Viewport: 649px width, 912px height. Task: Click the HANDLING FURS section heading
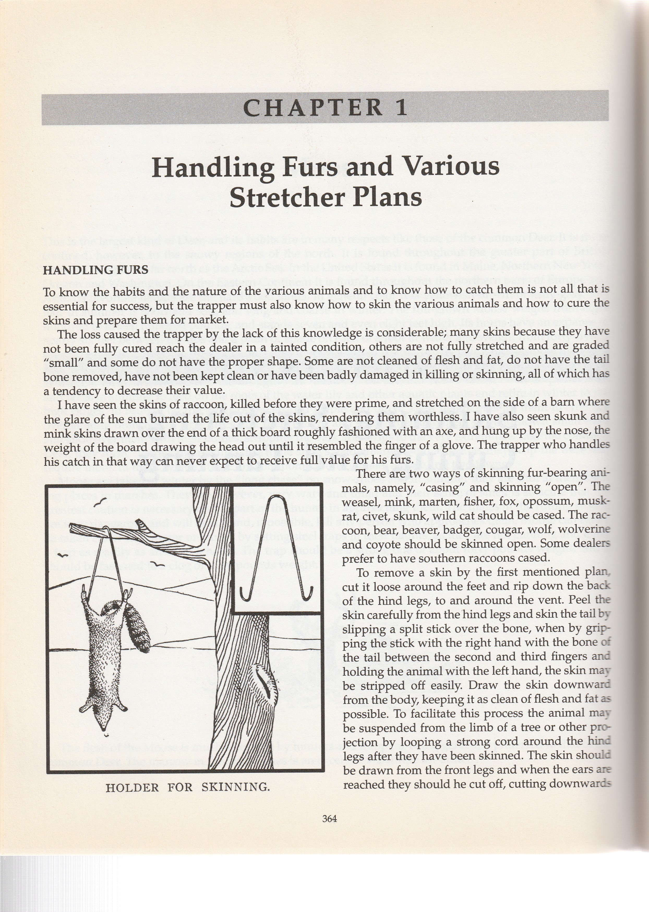[95, 270]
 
